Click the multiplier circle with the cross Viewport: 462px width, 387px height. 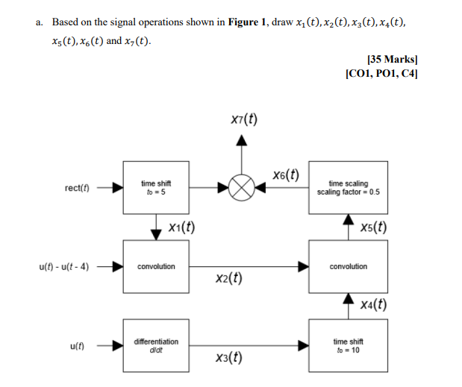pos(240,189)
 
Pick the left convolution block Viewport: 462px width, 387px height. pos(156,266)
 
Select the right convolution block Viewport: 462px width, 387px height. pos(348,266)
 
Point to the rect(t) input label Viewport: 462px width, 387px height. pos(76,188)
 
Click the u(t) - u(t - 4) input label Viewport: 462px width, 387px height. pos(63,266)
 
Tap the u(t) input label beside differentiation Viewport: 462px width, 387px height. pos(78,346)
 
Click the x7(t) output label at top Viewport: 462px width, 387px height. pos(244,119)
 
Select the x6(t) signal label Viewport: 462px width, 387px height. pos(285,175)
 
